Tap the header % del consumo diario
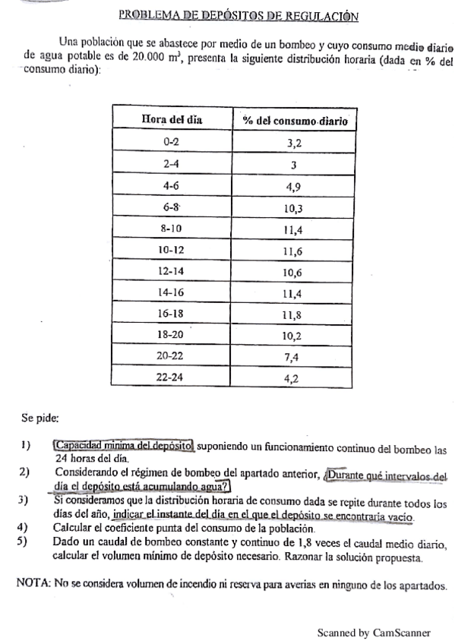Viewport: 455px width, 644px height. click(x=293, y=119)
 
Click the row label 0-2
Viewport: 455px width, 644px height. click(x=171, y=141)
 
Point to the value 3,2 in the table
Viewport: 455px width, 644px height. click(x=293, y=142)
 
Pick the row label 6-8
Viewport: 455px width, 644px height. click(x=171, y=208)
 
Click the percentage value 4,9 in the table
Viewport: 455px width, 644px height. click(x=293, y=186)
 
